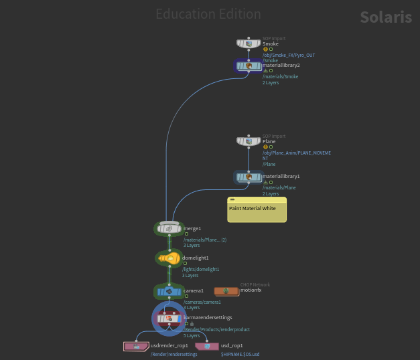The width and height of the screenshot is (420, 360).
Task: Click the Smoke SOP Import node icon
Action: click(x=249, y=43)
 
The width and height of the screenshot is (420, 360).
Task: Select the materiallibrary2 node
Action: click(x=249, y=66)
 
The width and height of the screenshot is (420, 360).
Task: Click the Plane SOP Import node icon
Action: click(x=249, y=141)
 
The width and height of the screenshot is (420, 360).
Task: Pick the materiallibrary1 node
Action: click(x=249, y=177)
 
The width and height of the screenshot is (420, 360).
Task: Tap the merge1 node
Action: click(x=169, y=229)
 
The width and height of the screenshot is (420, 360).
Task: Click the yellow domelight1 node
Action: click(x=169, y=258)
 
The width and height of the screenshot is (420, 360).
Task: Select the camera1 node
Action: click(x=169, y=291)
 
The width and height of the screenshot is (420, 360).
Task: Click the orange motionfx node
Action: click(x=226, y=291)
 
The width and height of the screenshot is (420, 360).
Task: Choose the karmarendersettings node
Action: click(x=169, y=318)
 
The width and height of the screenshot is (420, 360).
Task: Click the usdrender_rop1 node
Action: click(x=137, y=346)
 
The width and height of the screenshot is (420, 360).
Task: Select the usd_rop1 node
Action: click(x=207, y=346)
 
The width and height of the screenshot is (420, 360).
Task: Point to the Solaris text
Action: click(x=385, y=17)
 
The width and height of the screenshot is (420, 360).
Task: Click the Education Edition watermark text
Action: click(x=208, y=14)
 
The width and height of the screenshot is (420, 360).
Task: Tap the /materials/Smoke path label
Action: click(x=280, y=77)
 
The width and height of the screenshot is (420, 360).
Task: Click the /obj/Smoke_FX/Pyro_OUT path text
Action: click(x=289, y=55)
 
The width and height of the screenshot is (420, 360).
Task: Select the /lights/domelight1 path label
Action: click(x=201, y=269)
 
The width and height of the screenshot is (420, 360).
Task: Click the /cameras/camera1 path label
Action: click(x=202, y=302)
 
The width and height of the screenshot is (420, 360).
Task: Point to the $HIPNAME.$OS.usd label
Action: click(x=240, y=354)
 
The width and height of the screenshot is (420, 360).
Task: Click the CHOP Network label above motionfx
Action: click(x=255, y=284)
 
